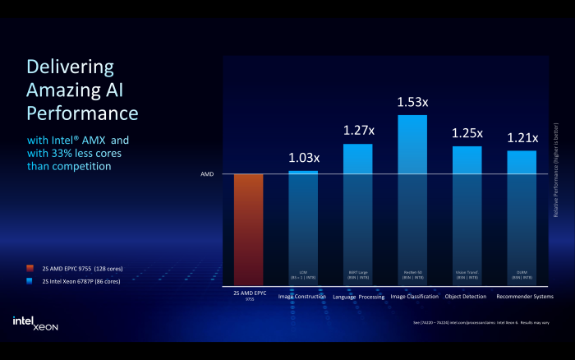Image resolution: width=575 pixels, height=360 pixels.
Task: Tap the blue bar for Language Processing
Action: pyautogui.click(x=357, y=214)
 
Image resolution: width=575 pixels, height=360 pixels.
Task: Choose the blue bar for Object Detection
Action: pyautogui.click(x=467, y=215)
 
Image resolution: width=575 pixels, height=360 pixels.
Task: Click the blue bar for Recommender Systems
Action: pyautogui.click(x=522, y=218)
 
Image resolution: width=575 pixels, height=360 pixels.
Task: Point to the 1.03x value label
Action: pyautogui.click(x=303, y=158)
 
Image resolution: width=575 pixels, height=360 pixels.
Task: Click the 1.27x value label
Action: pyautogui.click(x=357, y=131)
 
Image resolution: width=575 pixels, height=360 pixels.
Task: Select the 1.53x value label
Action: pyautogui.click(x=412, y=102)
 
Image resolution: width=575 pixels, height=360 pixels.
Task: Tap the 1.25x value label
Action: pyautogui.click(x=467, y=133)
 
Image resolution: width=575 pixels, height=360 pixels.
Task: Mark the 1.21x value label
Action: pyautogui.click(x=522, y=137)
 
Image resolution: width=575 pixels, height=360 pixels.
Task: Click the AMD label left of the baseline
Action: pyautogui.click(x=207, y=174)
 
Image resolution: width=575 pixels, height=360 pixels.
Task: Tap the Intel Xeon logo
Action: pyautogui.click(x=34, y=323)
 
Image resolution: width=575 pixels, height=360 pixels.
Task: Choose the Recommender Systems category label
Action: pyautogui.click(x=525, y=296)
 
